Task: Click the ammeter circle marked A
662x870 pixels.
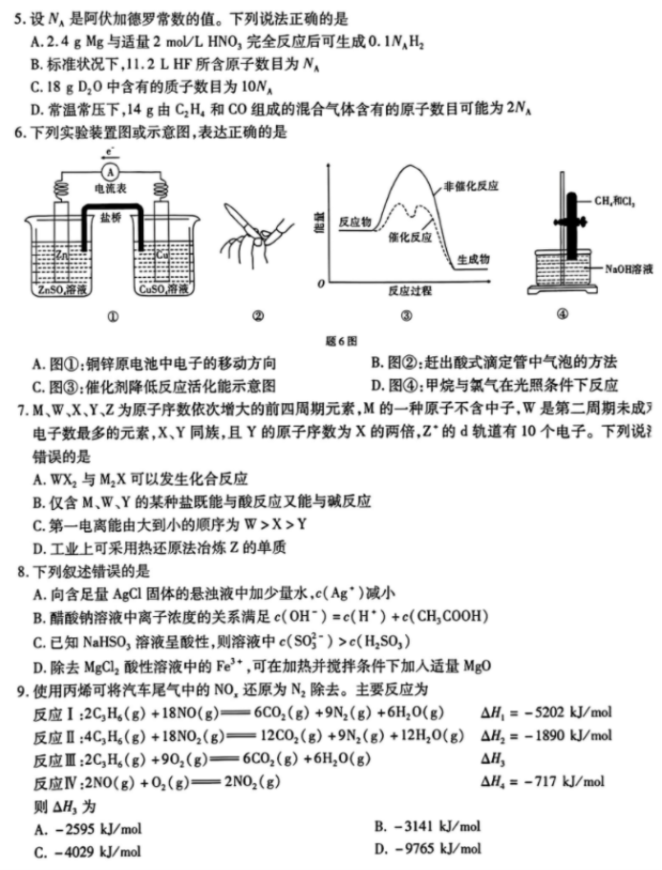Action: coord(110,171)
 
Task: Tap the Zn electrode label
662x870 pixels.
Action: coord(61,255)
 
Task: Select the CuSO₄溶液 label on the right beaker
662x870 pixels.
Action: coord(161,288)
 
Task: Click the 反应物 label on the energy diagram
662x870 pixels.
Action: coord(355,222)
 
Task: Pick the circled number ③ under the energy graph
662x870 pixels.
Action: coord(406,316)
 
